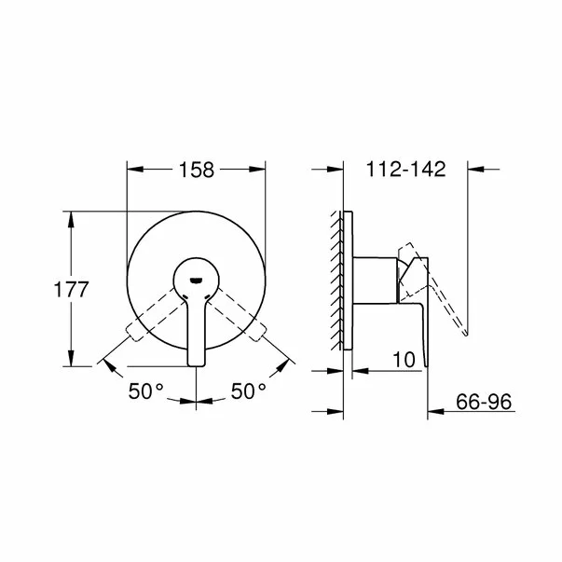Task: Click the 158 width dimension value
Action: click(197, 170)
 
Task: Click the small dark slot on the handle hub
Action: click(197, 276)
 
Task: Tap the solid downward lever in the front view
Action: click(197, 331)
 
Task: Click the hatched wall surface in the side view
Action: click(336, 280)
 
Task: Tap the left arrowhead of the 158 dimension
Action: click(132, 170)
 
